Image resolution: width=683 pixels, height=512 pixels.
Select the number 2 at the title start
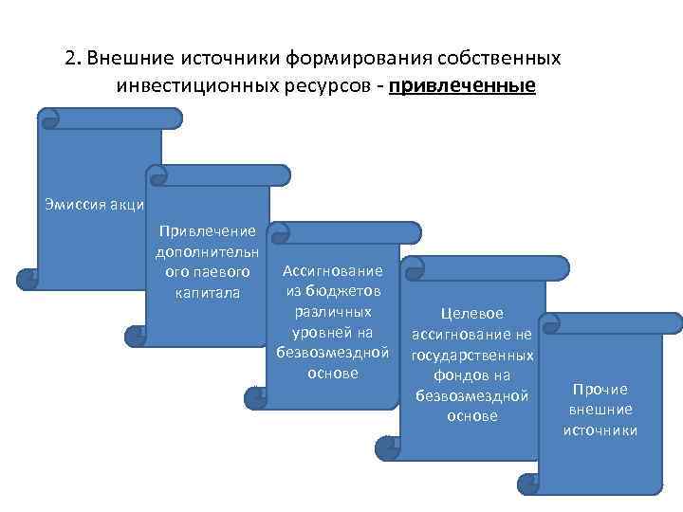[71, 58]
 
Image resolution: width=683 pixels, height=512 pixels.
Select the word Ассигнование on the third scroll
[333, 271]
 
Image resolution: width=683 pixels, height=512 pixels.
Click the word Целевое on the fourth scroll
[471, 313]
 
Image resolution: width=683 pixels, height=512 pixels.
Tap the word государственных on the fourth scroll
[471, 355]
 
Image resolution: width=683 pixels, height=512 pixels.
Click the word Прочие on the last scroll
[600, 389]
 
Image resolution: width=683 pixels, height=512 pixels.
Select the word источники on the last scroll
[600, 430]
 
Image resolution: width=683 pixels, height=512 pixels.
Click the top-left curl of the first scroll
[49, 119]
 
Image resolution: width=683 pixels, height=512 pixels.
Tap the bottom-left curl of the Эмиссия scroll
[27, 279]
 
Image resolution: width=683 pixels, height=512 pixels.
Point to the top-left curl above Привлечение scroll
[157, 174]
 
